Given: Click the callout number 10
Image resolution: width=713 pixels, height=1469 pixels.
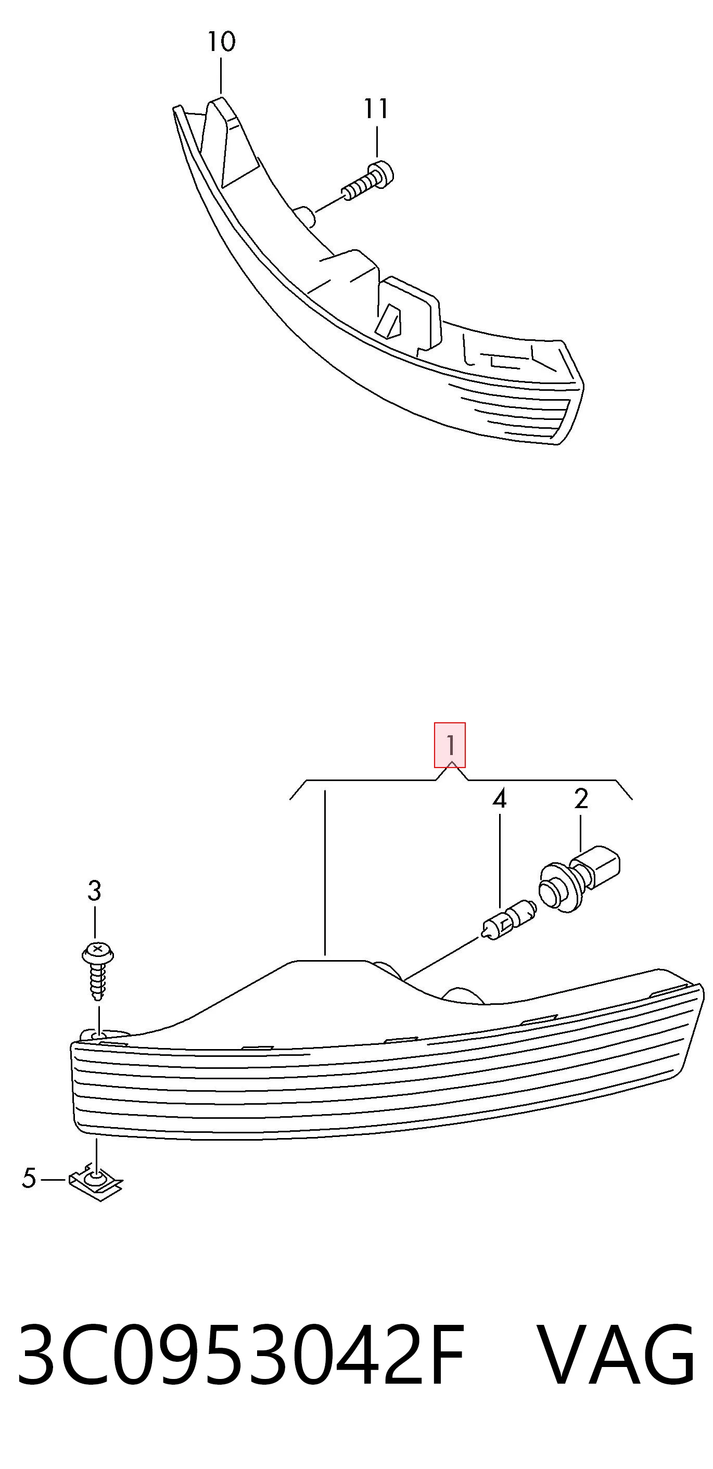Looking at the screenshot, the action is [221, 42].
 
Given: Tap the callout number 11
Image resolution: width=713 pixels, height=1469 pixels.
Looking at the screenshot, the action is [376, 109].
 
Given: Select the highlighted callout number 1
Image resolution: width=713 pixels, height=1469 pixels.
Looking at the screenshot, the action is [450, 745].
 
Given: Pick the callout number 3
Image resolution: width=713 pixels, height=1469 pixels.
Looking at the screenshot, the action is [94, 890].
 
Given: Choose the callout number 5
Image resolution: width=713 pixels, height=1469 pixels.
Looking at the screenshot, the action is [29, 1178].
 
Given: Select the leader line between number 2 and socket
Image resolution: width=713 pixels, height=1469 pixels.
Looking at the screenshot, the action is [581, 833].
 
